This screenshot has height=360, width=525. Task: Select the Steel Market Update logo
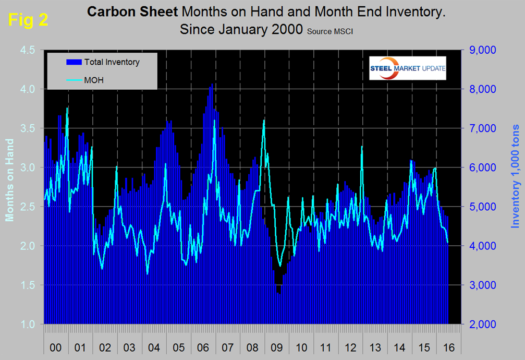click(x=407, y=68)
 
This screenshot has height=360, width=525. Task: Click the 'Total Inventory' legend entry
click(x=112, y=62)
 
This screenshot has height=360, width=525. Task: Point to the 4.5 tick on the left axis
click(x=27, y=50)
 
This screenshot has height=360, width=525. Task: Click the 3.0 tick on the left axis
click(x=27, y=167)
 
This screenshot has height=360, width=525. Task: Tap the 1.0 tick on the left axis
click(x=27, y=325)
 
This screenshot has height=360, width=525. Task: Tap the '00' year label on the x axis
click(x=56, y=346)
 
